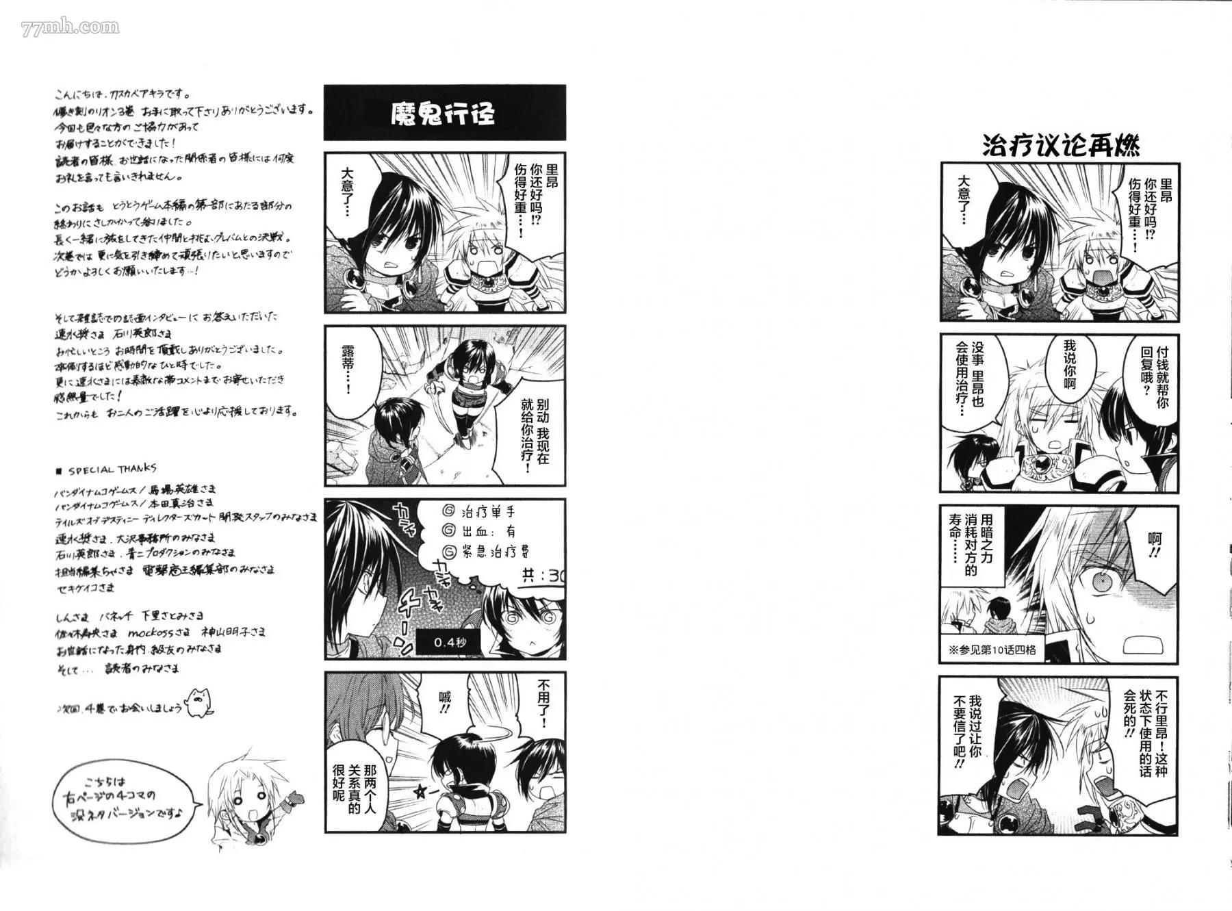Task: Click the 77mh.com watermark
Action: (70, 27)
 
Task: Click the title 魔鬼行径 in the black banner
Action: (443, 114)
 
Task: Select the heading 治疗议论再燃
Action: (1060, 146)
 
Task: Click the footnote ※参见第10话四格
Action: (993, 650)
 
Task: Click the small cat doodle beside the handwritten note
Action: (198, 701)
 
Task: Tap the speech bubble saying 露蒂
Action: (348, 370)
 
